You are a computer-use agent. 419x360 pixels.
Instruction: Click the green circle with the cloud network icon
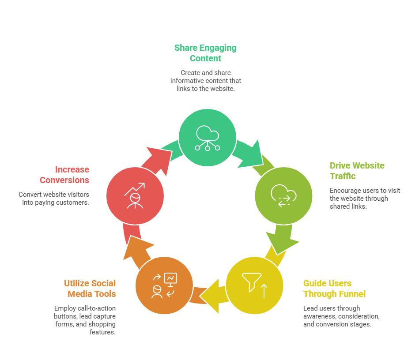(x=208, y=137)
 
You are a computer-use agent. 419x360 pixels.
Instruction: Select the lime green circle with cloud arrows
(x=284, y=195)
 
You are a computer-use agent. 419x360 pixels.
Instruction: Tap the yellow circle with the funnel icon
(x=254, y=285)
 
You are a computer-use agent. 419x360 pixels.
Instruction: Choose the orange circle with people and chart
(x=164, y=285)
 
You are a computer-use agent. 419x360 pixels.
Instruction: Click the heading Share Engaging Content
(x=205, y=53)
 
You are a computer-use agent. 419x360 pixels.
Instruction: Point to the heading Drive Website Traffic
(x=357, y=171)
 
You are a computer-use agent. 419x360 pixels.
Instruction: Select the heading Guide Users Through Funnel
(x=334, y=289)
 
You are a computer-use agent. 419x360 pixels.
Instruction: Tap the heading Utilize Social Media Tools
(x=90, y=289)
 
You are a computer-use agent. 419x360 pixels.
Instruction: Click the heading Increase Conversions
(x=64, y=175)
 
